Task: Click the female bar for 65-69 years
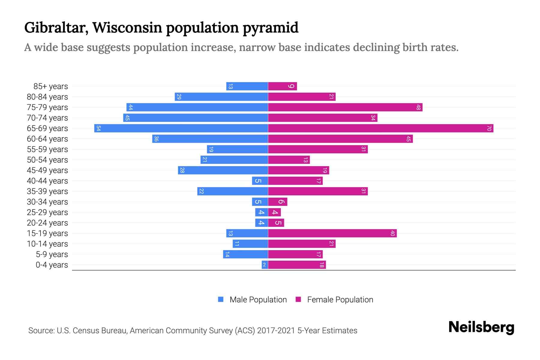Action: [x=380, y=128]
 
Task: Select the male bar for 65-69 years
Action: [x=181, y=128]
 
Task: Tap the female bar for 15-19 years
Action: [x=332, y=233]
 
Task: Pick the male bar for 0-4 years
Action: [x=265, y=265]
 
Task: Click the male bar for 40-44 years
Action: [x=260, y=181]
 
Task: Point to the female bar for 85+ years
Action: [x=282, y=86]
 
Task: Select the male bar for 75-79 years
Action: [x=197, y=107]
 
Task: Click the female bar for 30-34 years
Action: [x=277, y=202]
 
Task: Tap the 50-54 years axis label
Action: [x=47, y=160]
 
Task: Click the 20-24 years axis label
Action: [x=47, y=223]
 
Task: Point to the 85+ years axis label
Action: [x=51, y=86]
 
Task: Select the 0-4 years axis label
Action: [x=52, y=265]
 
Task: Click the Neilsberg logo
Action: [x=481, y=327]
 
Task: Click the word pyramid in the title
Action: [x=270, y=28]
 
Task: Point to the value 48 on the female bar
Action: [x=418, y=107]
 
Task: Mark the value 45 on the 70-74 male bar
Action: [x=127, y=118]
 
